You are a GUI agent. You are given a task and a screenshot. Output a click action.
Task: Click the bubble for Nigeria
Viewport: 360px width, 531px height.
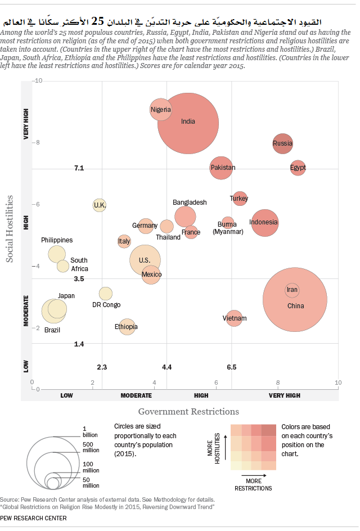(161, 109)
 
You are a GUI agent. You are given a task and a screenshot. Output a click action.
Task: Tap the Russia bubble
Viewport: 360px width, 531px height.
(282, 143)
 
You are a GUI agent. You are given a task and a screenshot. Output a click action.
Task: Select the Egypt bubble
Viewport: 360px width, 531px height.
(298, 168)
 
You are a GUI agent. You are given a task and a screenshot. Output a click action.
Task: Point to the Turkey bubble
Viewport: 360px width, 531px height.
(240, 199)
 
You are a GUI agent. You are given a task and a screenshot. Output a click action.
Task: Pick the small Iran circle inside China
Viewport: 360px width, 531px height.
(292, 290)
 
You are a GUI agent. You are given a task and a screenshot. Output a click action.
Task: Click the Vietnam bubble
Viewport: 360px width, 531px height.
(235, 318)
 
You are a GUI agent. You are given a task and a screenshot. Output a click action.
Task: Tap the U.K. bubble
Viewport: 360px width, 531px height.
(100, 205)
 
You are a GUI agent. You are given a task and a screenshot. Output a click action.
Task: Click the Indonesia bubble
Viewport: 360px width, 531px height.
(264, 222)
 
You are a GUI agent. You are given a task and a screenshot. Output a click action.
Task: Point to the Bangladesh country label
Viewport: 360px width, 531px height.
(190, 202)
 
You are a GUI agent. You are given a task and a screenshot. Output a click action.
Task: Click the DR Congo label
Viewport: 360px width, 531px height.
(106, 305)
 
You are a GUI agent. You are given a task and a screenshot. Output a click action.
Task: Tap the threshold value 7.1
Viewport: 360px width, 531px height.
(79, 168)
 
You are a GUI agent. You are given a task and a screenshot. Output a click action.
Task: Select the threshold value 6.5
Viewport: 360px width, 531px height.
(231, 367)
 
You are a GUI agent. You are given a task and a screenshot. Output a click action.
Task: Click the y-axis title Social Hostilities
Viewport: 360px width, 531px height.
(9, 228)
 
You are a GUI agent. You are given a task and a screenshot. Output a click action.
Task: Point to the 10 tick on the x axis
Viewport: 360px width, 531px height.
(337, 382)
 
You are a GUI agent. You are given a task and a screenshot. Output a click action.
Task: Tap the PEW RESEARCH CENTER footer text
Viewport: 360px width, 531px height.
(33, 518)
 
